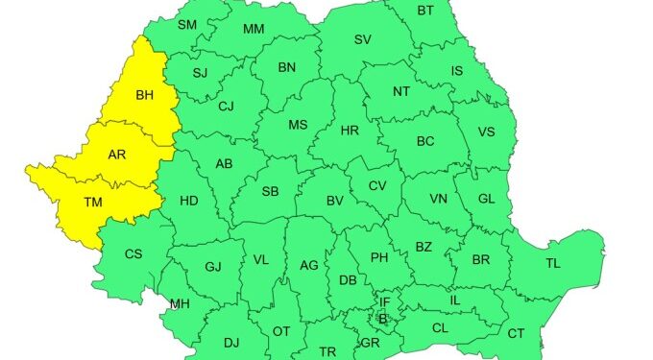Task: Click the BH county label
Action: (x=145, y=95)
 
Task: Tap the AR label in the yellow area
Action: (x=116, y=154)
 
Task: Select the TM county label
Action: (x=93, y=202)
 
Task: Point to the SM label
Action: (x=187, y=24)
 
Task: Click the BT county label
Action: (x=425, y=11)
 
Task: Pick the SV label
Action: (x=362, y=39)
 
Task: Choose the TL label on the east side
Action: (x=553, y=263)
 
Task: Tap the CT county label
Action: (x=516, y=333)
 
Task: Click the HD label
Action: (x=189, y=201)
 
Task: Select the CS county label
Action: (x=134, y=253)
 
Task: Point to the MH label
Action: (x=180, y=304)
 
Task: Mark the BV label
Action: (x=335, y=201)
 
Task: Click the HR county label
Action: (x=350, y=130)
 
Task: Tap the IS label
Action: (x=457, y=70)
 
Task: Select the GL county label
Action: (x=486, y=198)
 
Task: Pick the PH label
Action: (x=379, y=256)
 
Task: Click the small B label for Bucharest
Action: (x=383, y=319)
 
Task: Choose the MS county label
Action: (x=299, y=125)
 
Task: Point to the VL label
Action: (x=261, y=259)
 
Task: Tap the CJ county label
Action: (x=226, y=106)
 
